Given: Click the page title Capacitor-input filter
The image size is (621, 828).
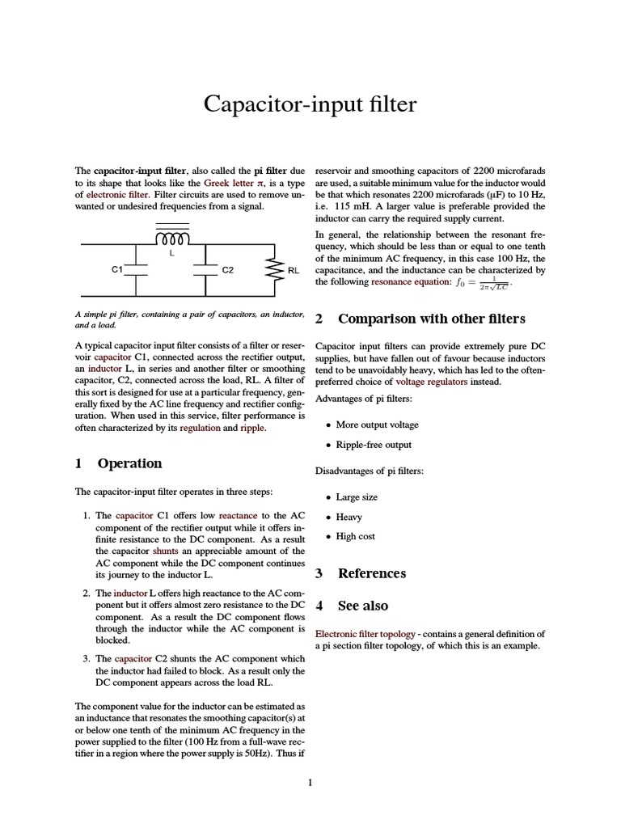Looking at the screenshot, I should [x=310, y=104].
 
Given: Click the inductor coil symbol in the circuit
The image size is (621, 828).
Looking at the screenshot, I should [x=171, y=239].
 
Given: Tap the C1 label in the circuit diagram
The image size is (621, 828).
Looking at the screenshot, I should [x=116, y=269].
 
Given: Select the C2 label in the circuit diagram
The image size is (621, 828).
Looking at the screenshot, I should [x=227, y=269].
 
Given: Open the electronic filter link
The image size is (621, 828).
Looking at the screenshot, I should [x=117, y=195].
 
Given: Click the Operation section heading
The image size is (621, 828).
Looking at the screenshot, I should [x=129, y=463].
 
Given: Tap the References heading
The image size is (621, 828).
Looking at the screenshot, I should [x=371, y=573].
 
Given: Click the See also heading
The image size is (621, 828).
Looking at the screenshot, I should [x=362, y=606].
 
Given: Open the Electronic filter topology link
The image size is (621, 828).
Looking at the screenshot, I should [x=365, y=634].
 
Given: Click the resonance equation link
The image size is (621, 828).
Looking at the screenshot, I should [x=408, y=282].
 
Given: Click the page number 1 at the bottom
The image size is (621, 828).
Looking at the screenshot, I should [x=310, y=782].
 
